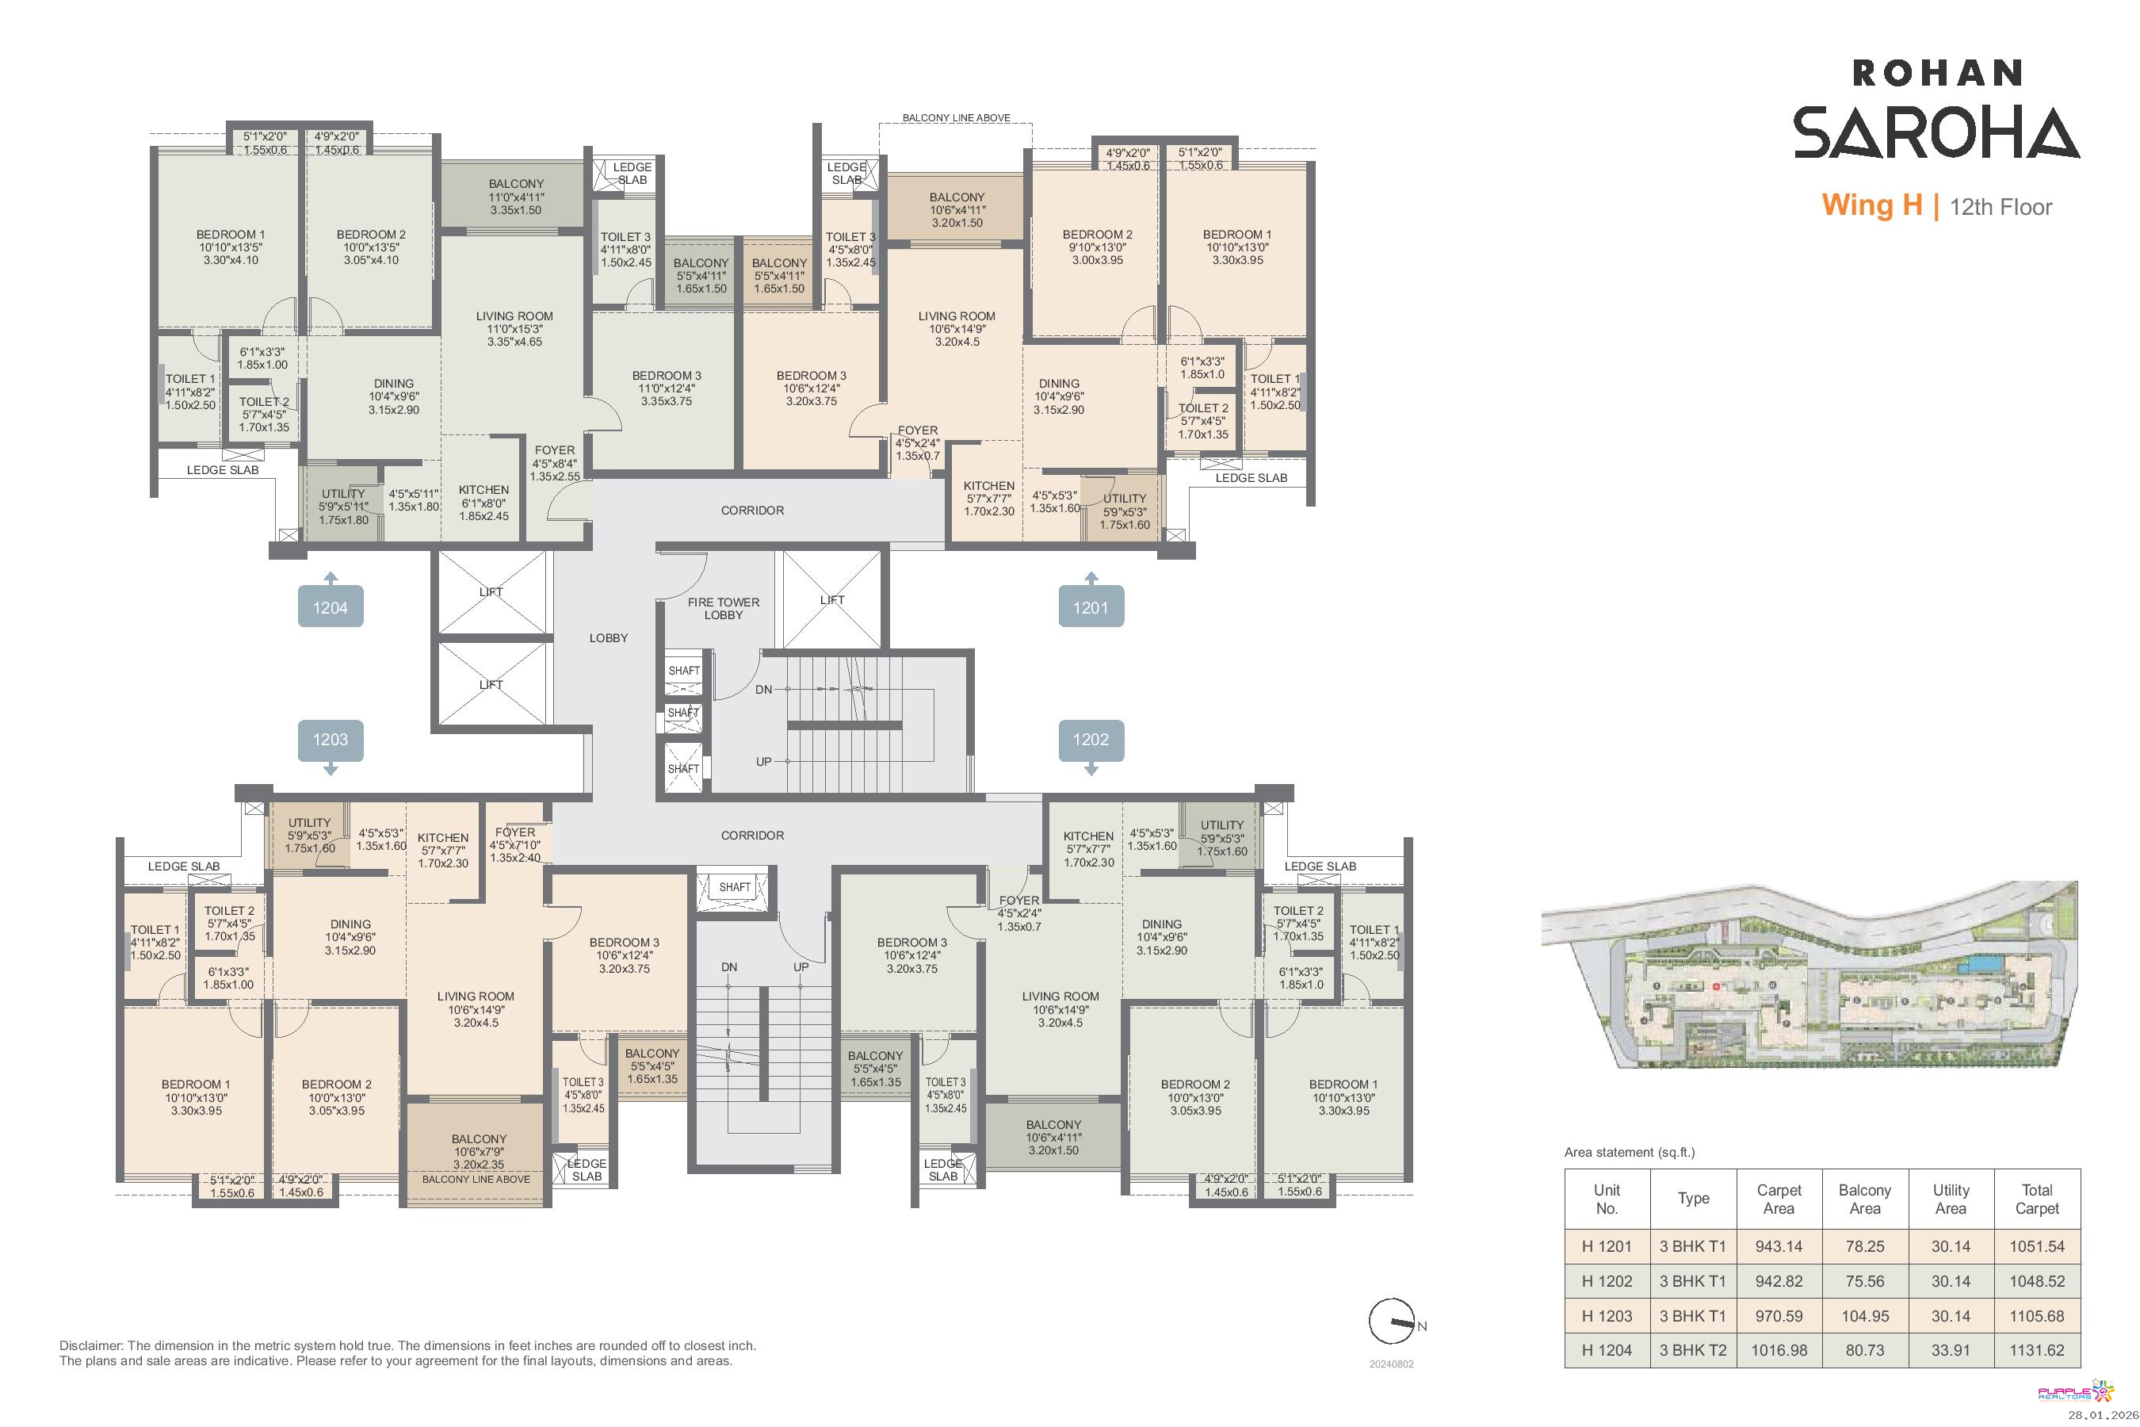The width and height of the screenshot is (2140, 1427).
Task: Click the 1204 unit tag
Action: (x=331, y=607)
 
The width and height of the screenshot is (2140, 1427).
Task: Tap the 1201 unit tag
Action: (x=1091, y=607)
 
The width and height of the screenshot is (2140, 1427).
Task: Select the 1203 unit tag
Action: (x=331, y=739)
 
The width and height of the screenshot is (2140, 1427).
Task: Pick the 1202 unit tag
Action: (x=1091, y=739)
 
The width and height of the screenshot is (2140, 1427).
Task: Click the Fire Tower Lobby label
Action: (x=724, y=608)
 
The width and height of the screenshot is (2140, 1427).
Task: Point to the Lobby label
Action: (x=609, y=638)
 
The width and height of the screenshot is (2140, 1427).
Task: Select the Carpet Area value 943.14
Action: (x=1779, y=1247)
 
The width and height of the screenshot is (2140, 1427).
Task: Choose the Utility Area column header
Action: (x=1951, y=1199)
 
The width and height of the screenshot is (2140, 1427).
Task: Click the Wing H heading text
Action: (x=1871, y=205)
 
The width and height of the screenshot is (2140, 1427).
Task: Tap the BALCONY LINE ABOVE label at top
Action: (x=957, y=118)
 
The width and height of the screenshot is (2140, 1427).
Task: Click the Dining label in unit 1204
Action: (x=394, y=384)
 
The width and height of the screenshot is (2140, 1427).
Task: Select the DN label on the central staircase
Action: (x=763, y=690)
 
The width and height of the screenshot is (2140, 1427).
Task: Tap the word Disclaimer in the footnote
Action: (x=91, y=1345)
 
